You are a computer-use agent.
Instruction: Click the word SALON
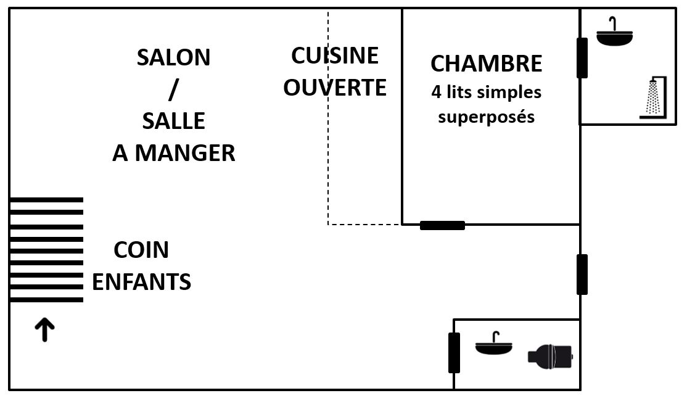[x=173, y=57]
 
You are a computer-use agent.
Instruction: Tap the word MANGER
[x=185, y=153]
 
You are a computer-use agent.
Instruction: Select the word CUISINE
[x=335, y=56]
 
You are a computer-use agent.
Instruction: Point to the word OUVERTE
[x=335, y=88]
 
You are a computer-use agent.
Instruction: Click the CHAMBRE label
[x=486, y=64]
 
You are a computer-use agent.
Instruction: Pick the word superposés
[x=486, y=117]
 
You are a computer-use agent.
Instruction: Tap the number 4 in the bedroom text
[x=436, y=93]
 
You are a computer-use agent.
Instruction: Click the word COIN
[x=141, y=250]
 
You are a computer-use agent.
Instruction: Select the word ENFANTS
[x=141, y=282]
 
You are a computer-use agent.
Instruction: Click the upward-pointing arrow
[x=44, y=330]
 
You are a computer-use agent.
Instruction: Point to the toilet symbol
[x=551, y=356]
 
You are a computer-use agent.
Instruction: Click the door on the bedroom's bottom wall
[x=442, y=225]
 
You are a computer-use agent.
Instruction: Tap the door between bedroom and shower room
[x=582, y=58]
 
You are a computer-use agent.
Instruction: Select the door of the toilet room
[x=454, y=352]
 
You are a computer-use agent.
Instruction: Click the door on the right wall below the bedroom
[x=582, y=274]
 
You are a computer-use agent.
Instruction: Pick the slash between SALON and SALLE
[x=173, y=89]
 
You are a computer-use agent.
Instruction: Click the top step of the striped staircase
[x=46, y=200]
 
